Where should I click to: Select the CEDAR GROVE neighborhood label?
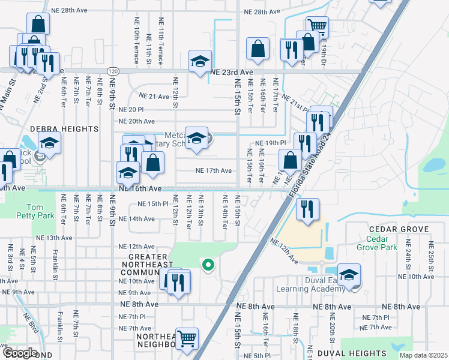click(x=399, y=230)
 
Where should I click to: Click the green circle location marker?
click(x=208, y=264)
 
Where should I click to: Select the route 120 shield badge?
click(x=113, y=71)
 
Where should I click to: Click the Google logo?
click(x=19, y=353)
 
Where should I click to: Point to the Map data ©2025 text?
click(x=423, y=356)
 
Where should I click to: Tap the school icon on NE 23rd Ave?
click(x=200, y=60)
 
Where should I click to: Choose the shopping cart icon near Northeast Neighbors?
click(x=187, y=338)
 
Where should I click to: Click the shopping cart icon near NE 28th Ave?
click(x=317, y=26)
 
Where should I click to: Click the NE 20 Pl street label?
click(x=131, y=110)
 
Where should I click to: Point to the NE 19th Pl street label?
click(x=268, y=143)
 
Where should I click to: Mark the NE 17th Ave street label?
click(x=213, y=170)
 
